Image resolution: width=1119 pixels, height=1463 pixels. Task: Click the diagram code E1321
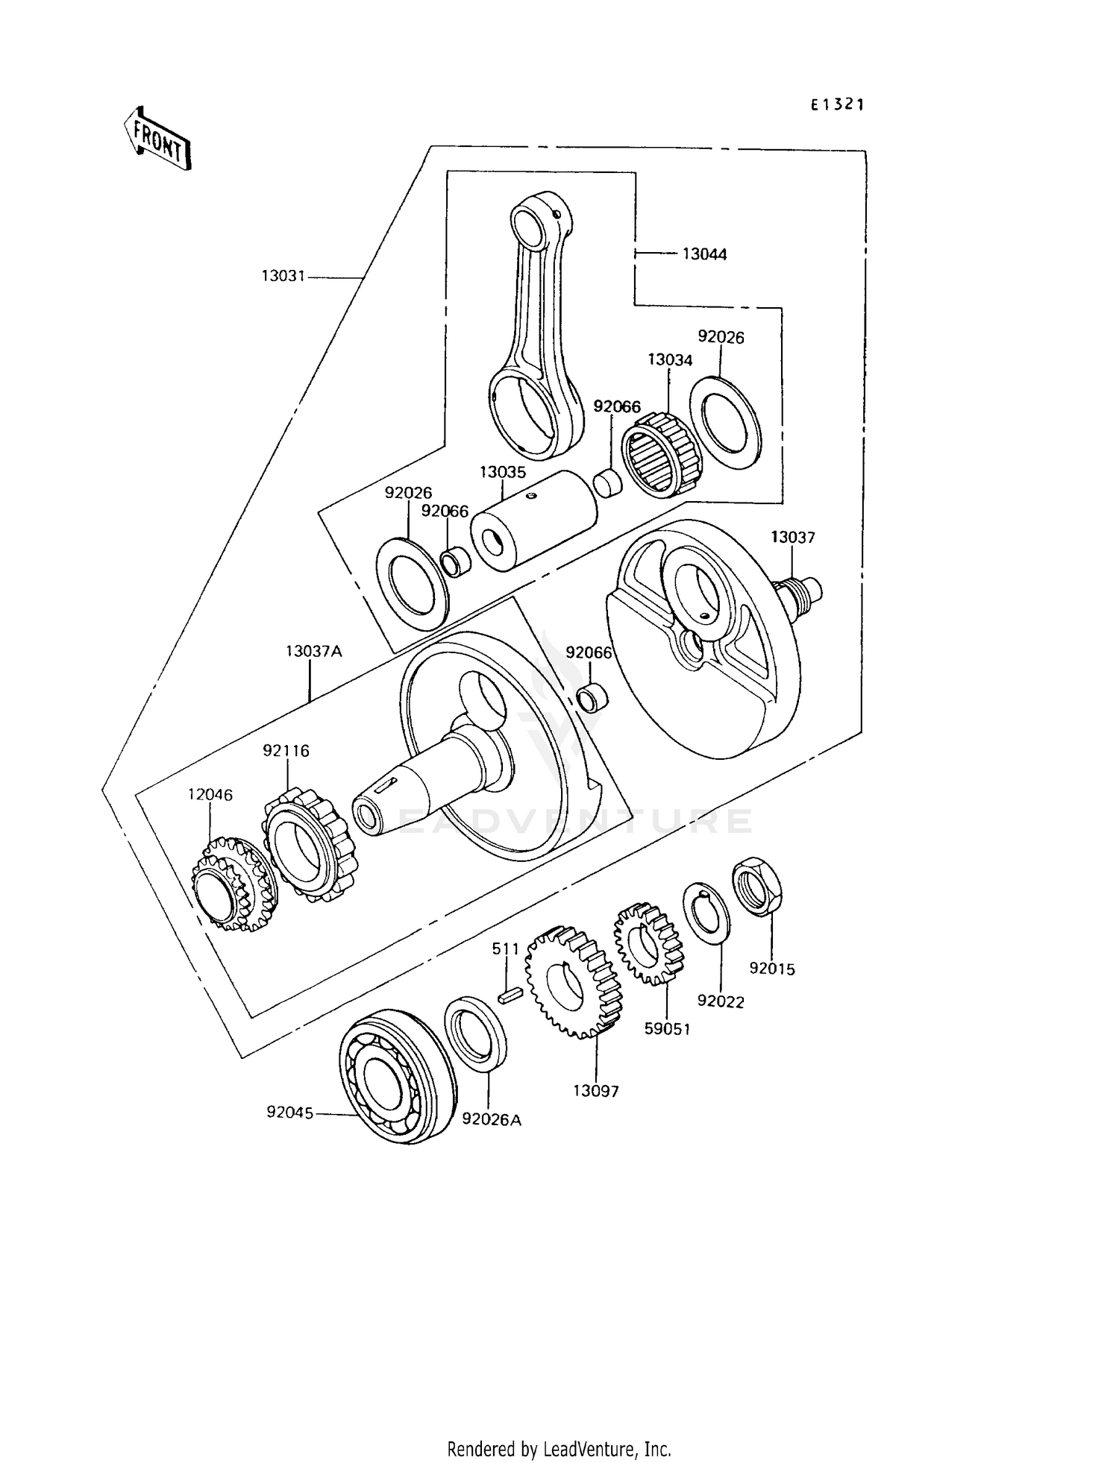(x=837, y=106)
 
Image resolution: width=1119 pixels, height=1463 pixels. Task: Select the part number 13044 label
(x=704, y=254)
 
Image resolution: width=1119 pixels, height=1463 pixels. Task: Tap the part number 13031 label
(x=283, y=277)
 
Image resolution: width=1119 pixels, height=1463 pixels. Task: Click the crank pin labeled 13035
(x=534, y=520)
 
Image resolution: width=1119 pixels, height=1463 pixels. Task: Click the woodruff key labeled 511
(x=510, y=995)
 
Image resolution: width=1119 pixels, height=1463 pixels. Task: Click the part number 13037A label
(x=313, y=651)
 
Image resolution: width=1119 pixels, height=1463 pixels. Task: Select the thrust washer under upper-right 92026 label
(x=724, y=423)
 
